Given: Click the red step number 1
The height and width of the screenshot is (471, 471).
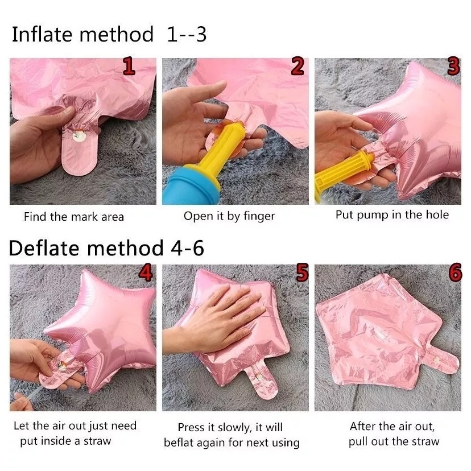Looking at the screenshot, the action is click(129, 67).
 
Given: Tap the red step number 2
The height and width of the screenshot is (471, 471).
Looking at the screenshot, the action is click(298, 67).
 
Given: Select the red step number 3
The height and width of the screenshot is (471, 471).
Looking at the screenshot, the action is click(453, 66).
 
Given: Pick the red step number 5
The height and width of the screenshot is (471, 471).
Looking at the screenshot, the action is click(302, 272).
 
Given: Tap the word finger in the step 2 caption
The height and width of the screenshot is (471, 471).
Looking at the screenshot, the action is click(259, 217).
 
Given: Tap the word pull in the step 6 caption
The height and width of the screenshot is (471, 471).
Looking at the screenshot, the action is click(358, 442).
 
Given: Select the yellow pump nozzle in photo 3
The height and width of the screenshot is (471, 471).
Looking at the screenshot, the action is click(342, 174).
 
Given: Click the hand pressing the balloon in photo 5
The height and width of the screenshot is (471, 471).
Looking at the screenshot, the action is click(216, 321).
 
